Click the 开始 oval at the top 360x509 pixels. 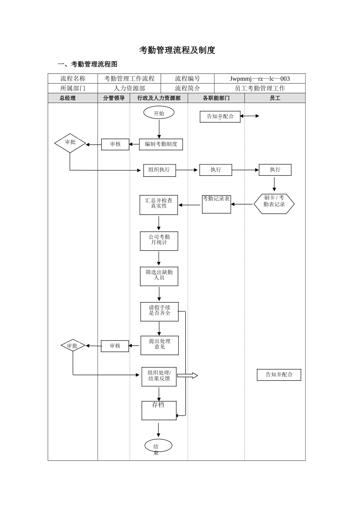[x=159, y=113]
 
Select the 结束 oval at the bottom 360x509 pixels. [x=158, y=446]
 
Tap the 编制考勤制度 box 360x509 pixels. [x=161, y=144]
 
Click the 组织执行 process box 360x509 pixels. [x=160, y=170]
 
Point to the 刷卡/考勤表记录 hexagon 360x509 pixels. [x=274, y=204]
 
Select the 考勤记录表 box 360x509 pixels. [x=216, y=204]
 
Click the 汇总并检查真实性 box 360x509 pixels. [x=159, y=205]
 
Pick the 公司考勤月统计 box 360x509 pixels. [x=159, y=241]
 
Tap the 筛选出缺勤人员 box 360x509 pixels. [x=159, y=276]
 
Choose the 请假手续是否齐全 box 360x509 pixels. [x=160, y=312]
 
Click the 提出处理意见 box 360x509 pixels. [x=160, y=345]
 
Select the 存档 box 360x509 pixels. [x=159, y=411]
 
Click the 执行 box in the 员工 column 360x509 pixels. [x=275, y=170]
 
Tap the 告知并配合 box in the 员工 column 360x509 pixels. [x=279, y=375]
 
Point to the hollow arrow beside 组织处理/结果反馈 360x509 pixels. [x=188, y=376]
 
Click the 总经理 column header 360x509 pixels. [x=68, y=98]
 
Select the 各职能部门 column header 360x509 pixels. [x=216, y=98]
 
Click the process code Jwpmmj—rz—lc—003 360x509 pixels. [x=260, y=79]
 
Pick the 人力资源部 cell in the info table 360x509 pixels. [x=129, y=88]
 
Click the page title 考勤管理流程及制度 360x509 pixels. [x=177, y=50]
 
